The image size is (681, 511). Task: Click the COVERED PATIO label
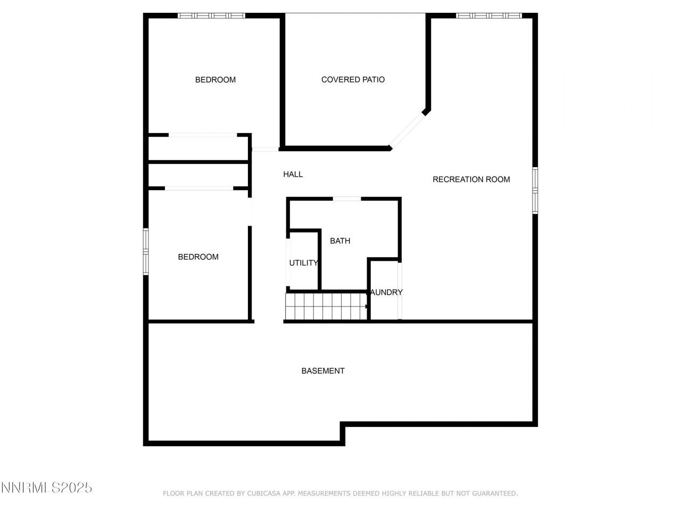point(353,80)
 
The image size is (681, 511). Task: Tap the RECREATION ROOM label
point(471,179)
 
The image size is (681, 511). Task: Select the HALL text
point(293,174)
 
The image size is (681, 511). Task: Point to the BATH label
point(340,241)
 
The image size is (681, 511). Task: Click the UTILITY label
point(303,263)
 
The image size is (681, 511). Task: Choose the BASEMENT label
point(323,371)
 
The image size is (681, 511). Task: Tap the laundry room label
point(387,292)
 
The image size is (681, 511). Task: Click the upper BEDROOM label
point(215,80)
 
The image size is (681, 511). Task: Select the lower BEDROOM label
point(198,257)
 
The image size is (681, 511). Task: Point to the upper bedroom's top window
point(211,16)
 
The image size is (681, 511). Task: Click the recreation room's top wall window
point(488,16)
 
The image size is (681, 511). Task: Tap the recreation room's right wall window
point(535,191)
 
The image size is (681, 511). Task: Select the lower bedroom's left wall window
point(146,252)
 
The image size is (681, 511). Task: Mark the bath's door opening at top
point(346,199)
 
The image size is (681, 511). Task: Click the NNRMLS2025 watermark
point(46,487)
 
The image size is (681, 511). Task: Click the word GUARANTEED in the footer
point(494,494)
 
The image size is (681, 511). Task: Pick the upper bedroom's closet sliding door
point(203,135)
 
